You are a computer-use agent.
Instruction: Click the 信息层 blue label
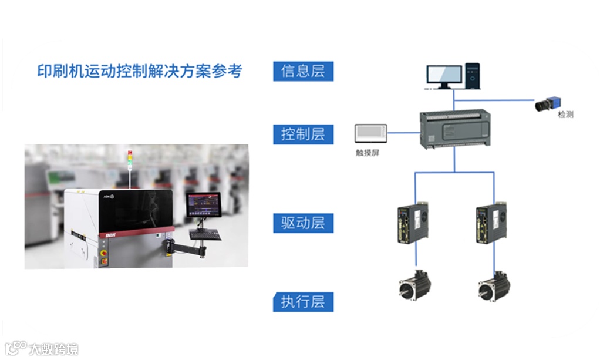click(303, 71)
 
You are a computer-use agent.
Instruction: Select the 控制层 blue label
click(303, 134)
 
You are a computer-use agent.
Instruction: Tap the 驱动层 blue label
click(303, 223)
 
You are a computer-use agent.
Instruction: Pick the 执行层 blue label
click(303, 302)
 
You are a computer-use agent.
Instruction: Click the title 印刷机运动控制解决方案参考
click(140, 71)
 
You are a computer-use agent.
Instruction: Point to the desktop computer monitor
click(444, 77)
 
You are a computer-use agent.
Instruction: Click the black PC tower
click(473, 75)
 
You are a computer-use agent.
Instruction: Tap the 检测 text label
click(565, 115)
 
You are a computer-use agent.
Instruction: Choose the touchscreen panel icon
click(371, 133)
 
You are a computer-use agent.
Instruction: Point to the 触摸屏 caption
click(368, 152)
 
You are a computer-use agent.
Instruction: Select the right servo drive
click(491, 223)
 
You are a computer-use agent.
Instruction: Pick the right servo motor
click(493, 285)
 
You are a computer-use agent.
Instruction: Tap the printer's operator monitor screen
click(203, 205)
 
